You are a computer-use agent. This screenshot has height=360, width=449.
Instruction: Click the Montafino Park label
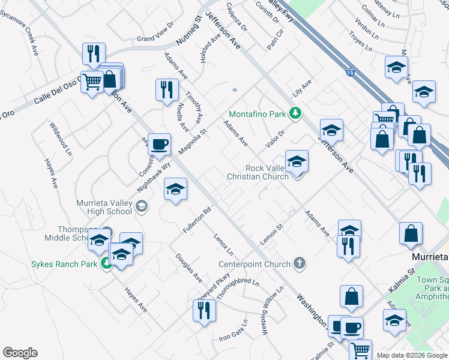pos(257,113)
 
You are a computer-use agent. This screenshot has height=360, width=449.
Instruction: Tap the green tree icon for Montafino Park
pos(295,113)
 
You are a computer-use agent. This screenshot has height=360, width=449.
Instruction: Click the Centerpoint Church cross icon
pos(300,263)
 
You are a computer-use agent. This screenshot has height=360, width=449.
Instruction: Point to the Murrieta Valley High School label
pos(105,207)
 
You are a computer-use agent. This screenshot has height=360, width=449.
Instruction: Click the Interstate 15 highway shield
pos(351,73)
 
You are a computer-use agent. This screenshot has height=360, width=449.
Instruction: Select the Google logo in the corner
pos(20,352)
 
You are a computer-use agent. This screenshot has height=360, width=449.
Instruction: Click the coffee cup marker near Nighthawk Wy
pos(159,144)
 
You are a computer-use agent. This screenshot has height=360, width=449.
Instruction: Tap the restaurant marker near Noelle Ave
pos(165,89)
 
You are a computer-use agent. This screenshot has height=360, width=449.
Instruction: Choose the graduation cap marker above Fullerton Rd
pos(175,190)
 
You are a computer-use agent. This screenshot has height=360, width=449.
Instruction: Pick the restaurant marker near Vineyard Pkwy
pos(204,310)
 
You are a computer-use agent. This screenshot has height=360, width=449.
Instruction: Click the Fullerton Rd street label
pos(199,220)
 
